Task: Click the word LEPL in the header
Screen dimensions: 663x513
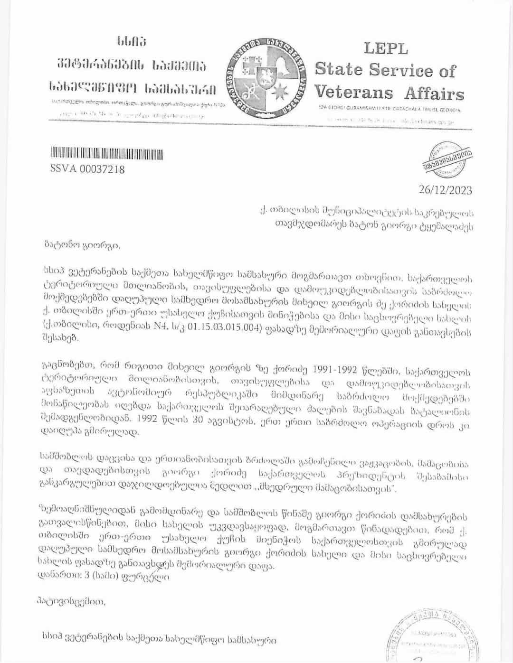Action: [x=386, y=48]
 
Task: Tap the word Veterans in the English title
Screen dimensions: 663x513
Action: [x=354, y=92]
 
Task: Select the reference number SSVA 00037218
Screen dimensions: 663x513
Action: [x=87, y=168]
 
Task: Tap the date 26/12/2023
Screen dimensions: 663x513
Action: [x=446, y=190]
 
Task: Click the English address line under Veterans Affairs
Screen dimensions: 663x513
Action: [x=389, y=110]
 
